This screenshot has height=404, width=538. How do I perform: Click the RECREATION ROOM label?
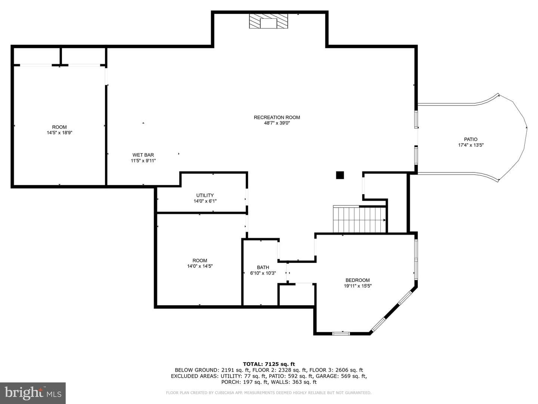pyautogui.click(x=277, y=117)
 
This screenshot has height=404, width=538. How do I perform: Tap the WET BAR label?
pyautogui.click(x=143, y=155)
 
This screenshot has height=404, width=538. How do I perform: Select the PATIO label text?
pyautogui.click(x=471, y=139)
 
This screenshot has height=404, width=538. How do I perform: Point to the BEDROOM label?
pyautogui.click(x=358, y=280)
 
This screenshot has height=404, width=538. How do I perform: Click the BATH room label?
pyautogui.click(x=263, y=267)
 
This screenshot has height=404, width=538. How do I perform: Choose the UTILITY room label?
pyautogui.click(x=205, y=195)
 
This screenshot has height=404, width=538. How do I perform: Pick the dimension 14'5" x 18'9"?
pyautogui.click(x=59, y=133)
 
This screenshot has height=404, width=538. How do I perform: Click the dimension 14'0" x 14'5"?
pyautogui.click(x=200, y=266)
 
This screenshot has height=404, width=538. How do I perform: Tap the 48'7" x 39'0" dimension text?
pyautogui.click(x=277, y=123)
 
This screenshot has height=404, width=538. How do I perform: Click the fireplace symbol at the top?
pyautogui.click(x=268, y=21)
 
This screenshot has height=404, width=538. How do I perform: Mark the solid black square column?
pyautogui.click(x=340, y=175)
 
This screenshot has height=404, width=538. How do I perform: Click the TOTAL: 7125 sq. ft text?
pyautogui.click(x=269, y=364)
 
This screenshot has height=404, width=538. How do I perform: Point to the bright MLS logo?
pyautogui.click(x=33, y=393)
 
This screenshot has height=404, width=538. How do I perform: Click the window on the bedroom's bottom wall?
pyautogui.click(x=341, y=333)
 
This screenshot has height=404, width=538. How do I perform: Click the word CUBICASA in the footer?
pyautogui.click(x=223, y=393)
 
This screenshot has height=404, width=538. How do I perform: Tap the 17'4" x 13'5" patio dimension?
pyautogui.click(x=471, y=145)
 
